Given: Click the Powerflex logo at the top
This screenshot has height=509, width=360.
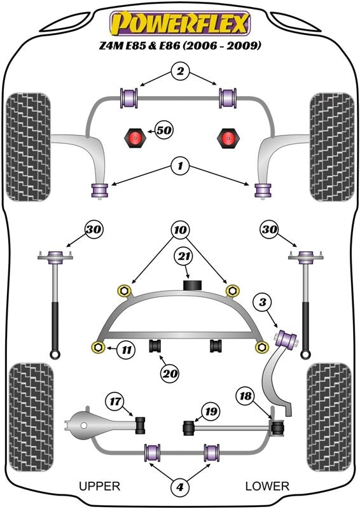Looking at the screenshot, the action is (180, 24).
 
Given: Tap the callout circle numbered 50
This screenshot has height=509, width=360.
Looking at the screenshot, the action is (164, 130).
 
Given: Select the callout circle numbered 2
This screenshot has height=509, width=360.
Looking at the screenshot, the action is (180, 71).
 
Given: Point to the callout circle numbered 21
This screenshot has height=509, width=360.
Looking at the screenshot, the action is (184, 257).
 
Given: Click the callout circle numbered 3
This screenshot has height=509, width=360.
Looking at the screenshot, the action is (262, 302).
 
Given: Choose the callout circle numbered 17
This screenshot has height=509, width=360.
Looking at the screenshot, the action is (115, 401).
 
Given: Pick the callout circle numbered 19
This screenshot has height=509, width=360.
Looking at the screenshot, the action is (211, 412).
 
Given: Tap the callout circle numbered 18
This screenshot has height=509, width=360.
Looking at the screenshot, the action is (246, 396).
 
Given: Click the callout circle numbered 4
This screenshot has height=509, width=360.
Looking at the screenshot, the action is (180, 487).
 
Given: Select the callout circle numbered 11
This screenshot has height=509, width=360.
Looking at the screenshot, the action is (127, 349).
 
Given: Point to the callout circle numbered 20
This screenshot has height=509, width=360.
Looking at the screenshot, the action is (169, 373).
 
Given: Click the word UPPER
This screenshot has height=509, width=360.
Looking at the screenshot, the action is (100, 486).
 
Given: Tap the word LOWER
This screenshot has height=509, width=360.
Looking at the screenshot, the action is (267, 486).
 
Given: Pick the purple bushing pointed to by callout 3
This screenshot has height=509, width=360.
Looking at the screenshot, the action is (286, 338).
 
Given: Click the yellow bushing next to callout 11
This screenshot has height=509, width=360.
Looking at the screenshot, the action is (98, 347).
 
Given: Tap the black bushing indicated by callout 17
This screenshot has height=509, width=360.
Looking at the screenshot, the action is (140, 425).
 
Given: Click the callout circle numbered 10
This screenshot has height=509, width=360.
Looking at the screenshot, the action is (180, 230).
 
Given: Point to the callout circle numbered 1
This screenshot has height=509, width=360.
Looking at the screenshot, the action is (180, 166).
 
